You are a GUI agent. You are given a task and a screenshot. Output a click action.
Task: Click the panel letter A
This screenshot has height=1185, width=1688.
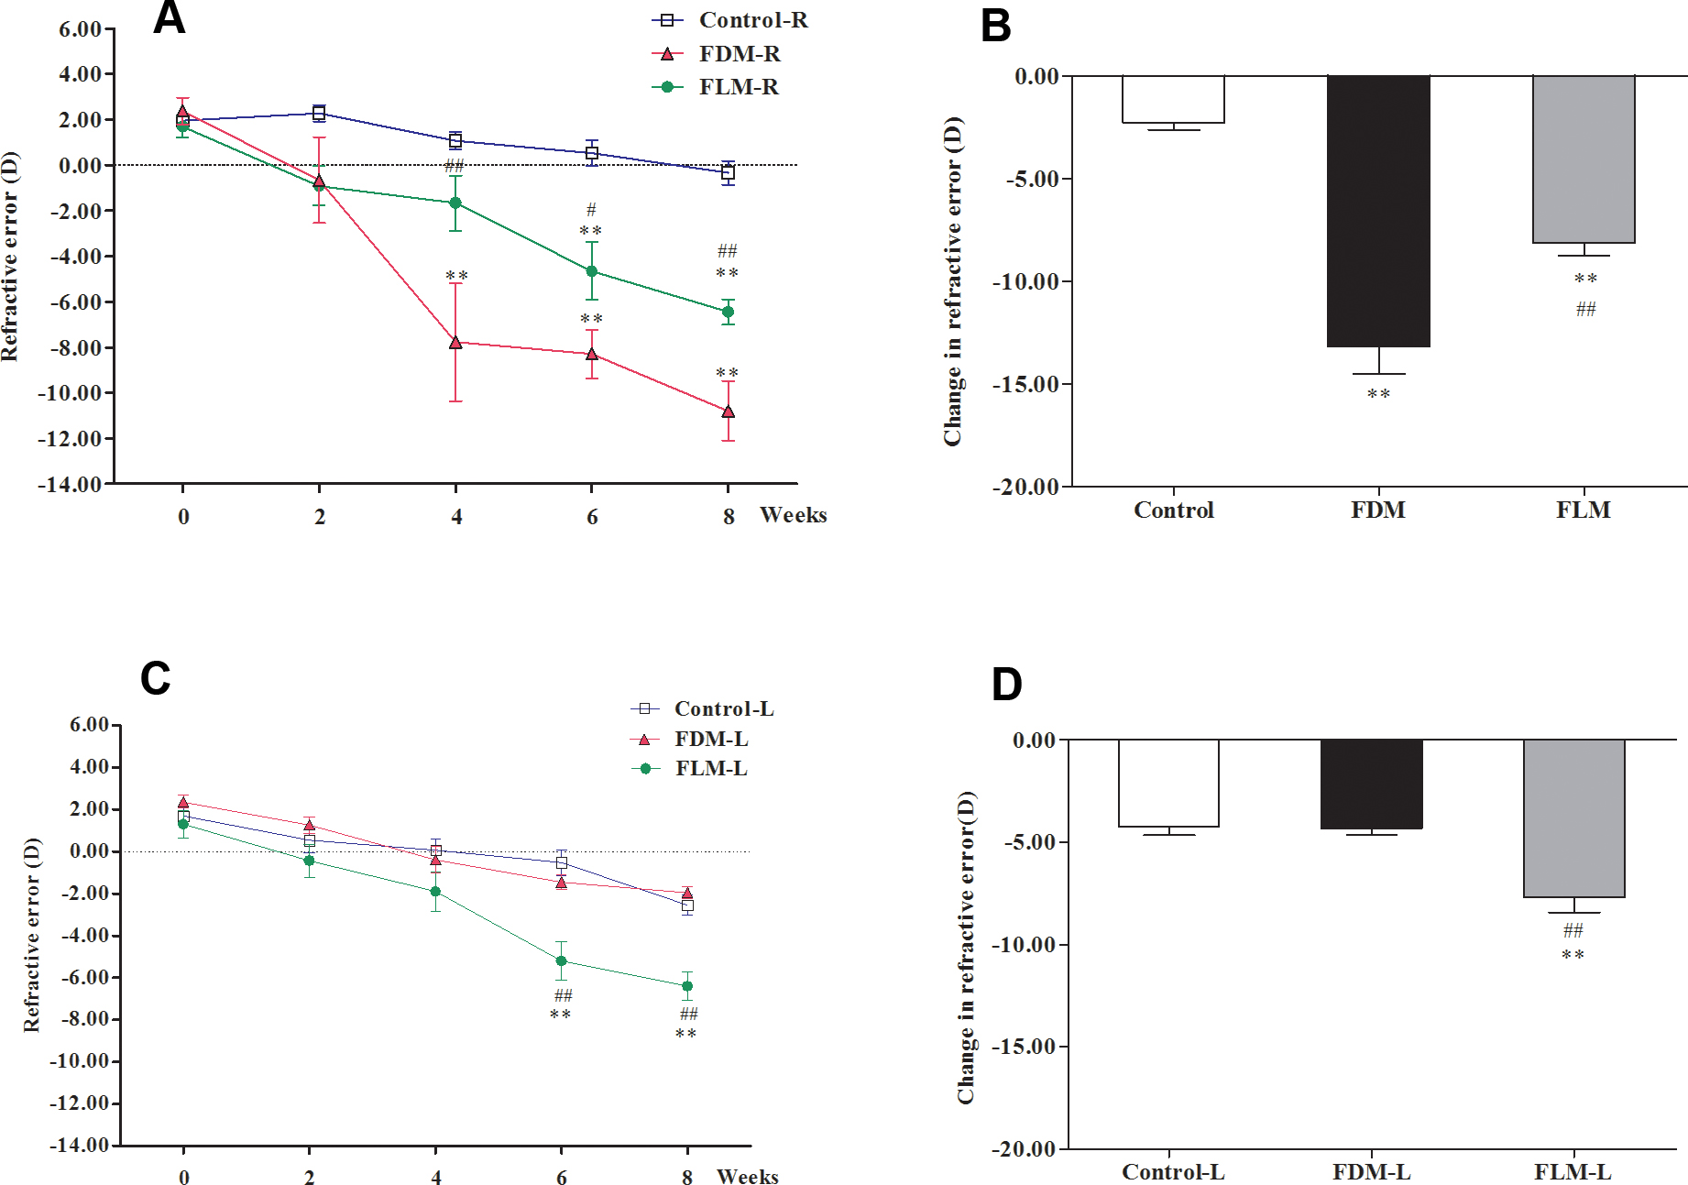pyautogui.click(x=170, y=18)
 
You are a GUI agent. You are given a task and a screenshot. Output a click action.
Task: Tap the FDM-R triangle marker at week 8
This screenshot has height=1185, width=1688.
pyautogui.click(x=728, y=411)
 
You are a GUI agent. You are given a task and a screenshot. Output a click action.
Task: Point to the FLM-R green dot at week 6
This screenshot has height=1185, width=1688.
pyautogui.click(x=592, y=271)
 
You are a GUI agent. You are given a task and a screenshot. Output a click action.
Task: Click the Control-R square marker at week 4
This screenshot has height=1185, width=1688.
pyautogui.click(x=455, y=140)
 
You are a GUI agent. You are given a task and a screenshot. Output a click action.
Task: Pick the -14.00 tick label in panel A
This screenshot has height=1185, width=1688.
pyautogui.click(x=70, y=484)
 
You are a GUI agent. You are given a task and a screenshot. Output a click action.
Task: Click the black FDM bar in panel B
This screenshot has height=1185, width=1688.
pyautogui.click(x=1378, y=211)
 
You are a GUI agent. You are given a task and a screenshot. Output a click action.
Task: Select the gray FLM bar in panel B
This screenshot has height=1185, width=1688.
pyautogui.click(x=1584, y=159)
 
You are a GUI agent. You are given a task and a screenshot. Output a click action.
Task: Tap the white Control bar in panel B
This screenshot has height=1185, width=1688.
pyautogui.click(x=1174, y=99)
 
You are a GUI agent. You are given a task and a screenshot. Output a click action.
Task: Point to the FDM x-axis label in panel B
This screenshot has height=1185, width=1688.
pyautogui.click(x=1377, y=510)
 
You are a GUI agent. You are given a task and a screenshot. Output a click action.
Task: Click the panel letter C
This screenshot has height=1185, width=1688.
pyautogui.click(x=156, y=679)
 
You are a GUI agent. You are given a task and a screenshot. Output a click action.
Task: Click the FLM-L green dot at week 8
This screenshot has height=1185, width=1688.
pyautogui.click(x=687, y=986)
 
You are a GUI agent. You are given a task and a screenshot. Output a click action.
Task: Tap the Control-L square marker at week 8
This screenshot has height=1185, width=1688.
pyautogui.click(x=687, y=905)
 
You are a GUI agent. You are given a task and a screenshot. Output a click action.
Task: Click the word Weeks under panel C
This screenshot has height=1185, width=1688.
pyautogui.click(x=747, y=1176)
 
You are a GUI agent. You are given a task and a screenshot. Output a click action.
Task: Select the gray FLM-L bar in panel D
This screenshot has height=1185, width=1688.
pyautogui.click(x=1573, y=818)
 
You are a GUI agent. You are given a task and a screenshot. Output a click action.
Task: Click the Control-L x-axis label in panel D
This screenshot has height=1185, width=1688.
pyautogui.click(x=1173, y=1172)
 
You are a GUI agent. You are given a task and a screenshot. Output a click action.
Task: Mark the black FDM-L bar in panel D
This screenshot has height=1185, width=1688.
pyautogui.click(x=1371, y=784)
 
